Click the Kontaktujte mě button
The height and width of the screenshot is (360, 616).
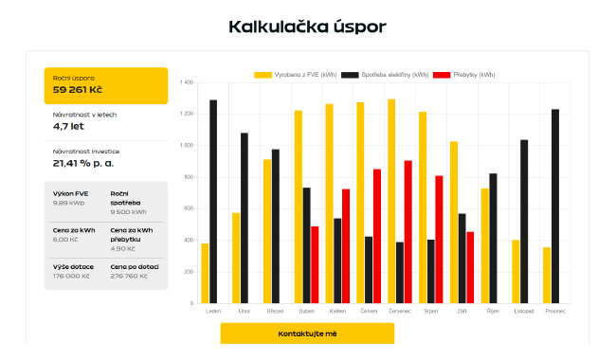tap(306, 334)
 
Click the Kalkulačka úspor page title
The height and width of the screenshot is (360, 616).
tap(307, 26)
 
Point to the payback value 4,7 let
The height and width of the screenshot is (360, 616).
tap(67, 125)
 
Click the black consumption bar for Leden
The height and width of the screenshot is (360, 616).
tap(213, 201)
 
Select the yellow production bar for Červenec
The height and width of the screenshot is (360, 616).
tap(391, 201)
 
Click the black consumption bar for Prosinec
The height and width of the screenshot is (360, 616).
tap(555, 206)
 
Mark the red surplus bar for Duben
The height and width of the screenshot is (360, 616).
tap(315, 264)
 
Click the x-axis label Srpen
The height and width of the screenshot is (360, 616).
tap(430, 311)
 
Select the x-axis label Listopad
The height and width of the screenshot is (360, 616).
tap(523, 311)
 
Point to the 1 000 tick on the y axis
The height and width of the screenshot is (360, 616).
tap(186, 145)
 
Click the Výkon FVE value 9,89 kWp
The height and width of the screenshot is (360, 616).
tap(69, 203)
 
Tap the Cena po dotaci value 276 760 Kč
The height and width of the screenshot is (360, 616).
tap(131, 276)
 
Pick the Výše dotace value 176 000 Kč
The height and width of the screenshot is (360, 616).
tap(74, 276)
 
